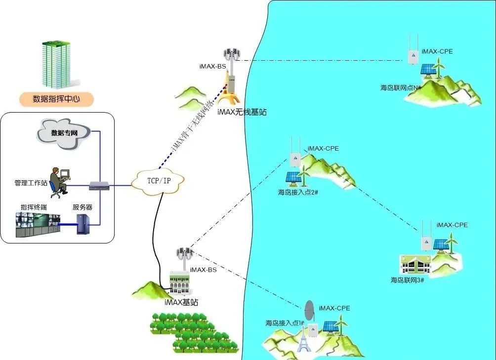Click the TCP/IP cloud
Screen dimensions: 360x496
(x=159, y=181)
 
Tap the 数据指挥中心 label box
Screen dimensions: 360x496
(x=56, y=99)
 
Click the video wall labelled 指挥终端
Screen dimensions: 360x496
(x=38, y=225)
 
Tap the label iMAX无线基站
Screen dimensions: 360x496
(x=242, y=113)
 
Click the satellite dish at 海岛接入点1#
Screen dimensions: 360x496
(x=309, y=310)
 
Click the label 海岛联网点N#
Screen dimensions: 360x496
(x=401, y=87)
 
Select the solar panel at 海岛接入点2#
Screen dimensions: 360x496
(x=291, y=177)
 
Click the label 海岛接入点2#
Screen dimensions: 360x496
(x=298, y=192)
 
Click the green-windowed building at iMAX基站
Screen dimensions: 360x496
(x=180, y=283)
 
